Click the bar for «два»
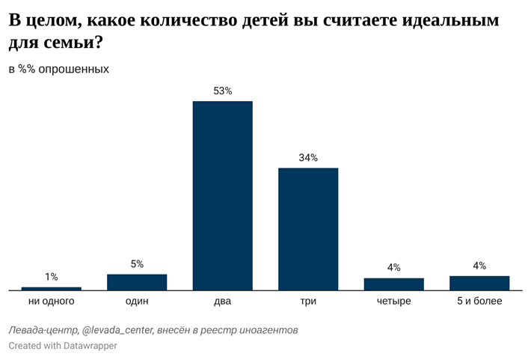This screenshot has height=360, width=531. click(x=222, y=195)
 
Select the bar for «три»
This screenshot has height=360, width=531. click(x=308, y=228)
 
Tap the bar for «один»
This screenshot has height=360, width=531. click(x=137, y=281)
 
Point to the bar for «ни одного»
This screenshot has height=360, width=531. click(x=51, y=288)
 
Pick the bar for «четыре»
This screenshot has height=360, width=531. click(x=393, y=284)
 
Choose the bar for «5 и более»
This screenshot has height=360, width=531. click(x=479, y=282)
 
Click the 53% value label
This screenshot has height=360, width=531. click(x=222, y=91)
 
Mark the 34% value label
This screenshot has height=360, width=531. click(x=308, y=158)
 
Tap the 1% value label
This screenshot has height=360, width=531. click(x=51, y=277)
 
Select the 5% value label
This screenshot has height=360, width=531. click(x=137, y=264)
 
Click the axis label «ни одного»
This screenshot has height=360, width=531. click(x=51, y=301)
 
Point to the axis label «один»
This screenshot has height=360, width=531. click(x=137, y=301)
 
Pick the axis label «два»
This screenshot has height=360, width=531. click(x=222, y=301)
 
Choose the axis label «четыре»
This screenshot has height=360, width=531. click(x=393, y=301)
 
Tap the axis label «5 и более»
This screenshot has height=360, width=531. click(x=479, y=301)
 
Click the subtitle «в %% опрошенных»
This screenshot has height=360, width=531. click(x=59, y=69)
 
